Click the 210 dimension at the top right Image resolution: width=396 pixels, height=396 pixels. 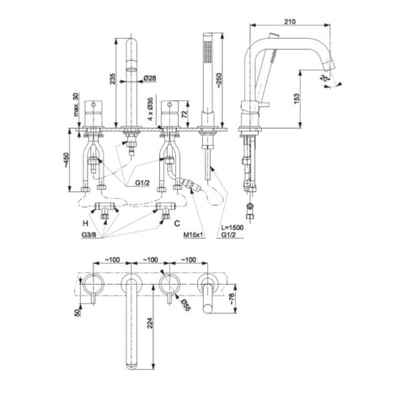[290, 21]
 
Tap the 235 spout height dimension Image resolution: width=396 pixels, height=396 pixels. [112, 79]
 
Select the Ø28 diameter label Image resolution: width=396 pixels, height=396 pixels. [150, 78]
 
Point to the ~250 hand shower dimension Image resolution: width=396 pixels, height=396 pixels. [219, 80]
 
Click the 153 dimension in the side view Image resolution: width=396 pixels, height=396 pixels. [297, 99]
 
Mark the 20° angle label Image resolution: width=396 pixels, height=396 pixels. [324, 78]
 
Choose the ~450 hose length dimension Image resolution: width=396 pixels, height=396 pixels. [66, 160]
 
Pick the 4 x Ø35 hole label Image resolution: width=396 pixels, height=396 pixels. [151, 109]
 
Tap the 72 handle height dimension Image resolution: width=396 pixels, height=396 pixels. [185, 114]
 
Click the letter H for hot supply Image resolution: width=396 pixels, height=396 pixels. [85, 223]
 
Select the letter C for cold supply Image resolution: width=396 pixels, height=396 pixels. [177, 223]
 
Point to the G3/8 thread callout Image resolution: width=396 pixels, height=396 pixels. [89, 235]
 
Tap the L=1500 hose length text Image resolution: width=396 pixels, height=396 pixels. [233, 227]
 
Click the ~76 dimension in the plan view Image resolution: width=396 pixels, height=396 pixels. [233, 299]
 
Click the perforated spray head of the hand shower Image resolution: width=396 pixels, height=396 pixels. [208, 52]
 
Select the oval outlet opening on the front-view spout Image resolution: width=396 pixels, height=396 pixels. [131, 69]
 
